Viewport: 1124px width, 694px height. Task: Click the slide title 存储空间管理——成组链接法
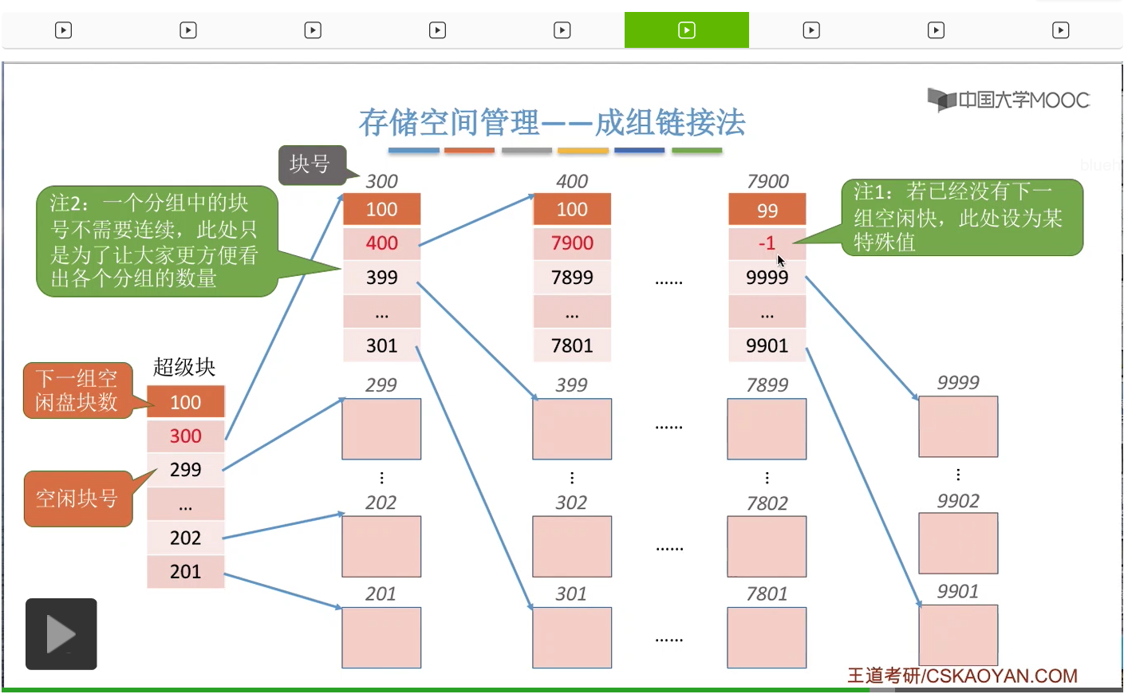click(x=551, y=123)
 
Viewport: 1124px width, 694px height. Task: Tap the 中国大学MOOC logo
click(x=1008, y=100)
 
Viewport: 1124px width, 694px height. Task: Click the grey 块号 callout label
click(x=311, y=164)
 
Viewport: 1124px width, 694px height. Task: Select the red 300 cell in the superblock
click(x=185, y=436)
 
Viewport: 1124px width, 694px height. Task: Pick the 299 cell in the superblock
click(x=185, y=470)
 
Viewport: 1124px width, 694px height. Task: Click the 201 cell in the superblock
click(x=185, y=571)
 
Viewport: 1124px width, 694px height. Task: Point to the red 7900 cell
click(x=572, y=243)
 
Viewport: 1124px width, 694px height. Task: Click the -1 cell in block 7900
click(x=767, y=243)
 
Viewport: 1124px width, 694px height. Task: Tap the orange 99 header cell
click(x=767, y=210)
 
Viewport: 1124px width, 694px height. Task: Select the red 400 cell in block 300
click(x=381, y=243)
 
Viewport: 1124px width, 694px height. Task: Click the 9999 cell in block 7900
click(x=767, y=278)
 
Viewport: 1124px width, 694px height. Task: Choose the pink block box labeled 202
click(x=381, y=546)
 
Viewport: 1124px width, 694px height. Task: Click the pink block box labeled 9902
click(x=958, y=543)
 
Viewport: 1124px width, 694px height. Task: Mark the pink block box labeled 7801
click(x=767, y=637)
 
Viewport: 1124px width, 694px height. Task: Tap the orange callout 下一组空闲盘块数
click(x=77, y=390)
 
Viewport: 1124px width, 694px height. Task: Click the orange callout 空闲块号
click(x=77, y=499)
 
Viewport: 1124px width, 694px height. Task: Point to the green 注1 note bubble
click(x=961, y=217)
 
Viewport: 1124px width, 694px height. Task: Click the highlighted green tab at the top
click(x=686, y=30)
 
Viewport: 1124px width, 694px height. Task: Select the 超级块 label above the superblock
click(x=184, y=367)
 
